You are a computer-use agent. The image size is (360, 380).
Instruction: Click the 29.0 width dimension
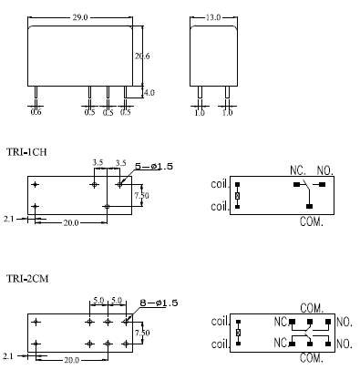pos(80,17)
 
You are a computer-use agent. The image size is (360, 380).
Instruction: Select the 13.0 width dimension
pos(213,17)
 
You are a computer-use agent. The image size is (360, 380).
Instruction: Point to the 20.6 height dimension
pos(142,56)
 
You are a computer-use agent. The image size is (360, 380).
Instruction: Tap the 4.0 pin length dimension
pos(149,92)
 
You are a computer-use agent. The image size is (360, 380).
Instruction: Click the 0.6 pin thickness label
pos(36,112)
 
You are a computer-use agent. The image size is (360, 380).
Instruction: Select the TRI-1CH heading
pos(26,151)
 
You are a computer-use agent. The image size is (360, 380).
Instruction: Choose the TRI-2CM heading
pos(27,278)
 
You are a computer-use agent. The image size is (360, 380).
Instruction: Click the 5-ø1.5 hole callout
pos(154,166)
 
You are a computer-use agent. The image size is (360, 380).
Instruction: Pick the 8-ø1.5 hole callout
pos(159,303)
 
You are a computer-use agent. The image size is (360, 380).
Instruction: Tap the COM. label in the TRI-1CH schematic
pos(311,221)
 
